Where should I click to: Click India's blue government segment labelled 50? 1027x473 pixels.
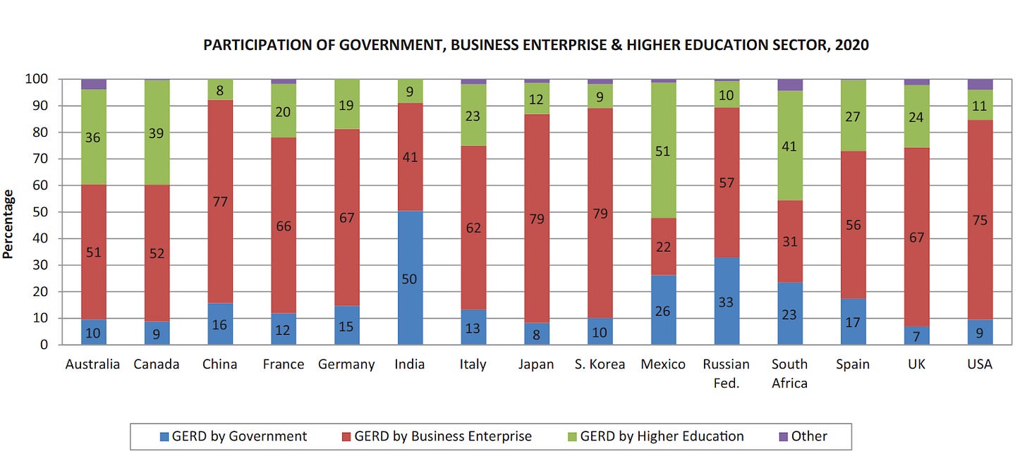point(410,278)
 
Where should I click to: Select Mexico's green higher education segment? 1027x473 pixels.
point(664,150)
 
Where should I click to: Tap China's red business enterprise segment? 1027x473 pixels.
point(220,202)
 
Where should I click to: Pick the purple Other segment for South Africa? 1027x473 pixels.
point(790,85)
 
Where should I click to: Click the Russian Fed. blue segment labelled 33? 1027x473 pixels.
point(727,301)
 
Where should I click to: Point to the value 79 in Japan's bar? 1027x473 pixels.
point(536,219)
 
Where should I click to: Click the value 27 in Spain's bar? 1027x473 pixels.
point(853,117)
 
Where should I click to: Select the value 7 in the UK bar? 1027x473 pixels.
point(916,337)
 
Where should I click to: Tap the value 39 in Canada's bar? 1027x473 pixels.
point(157,133)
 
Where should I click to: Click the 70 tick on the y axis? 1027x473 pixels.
point(40,159)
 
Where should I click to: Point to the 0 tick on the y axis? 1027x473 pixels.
point(44,345)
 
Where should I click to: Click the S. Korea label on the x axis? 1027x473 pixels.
point(600,364)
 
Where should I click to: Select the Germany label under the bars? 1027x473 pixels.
point(346,365)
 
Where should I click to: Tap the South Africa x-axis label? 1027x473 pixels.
point(789,374)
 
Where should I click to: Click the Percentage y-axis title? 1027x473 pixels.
point(8,224)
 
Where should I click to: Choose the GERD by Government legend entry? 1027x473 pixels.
point(233,436)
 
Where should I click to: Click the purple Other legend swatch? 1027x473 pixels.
point(784,437)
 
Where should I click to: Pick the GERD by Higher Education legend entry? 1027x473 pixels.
point(656,436)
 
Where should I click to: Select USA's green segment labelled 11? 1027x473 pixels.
point(980,105)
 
